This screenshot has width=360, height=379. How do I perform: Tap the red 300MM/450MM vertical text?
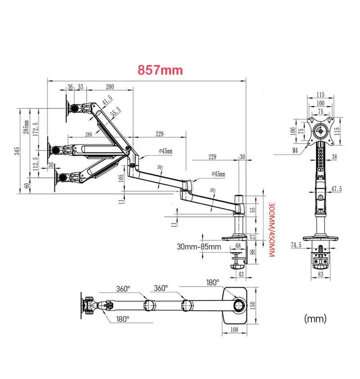point(271,230)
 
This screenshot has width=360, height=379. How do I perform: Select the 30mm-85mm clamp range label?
point(199,247)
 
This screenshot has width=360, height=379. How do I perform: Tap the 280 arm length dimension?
point(88,134)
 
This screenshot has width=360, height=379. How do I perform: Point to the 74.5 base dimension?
point(296,245)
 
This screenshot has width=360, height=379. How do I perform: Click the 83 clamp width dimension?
point(320,274)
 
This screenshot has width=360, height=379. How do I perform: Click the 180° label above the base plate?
point(212,282)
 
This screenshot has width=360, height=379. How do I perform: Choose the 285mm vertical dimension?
point(27,128)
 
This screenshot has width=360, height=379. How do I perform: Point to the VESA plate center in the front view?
point(320,131)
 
